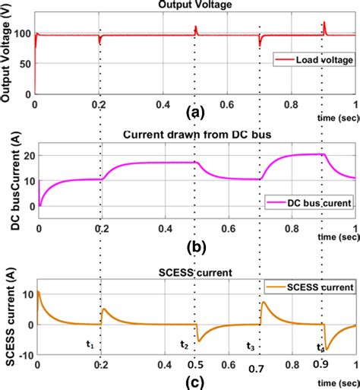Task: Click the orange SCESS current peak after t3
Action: click(x=263, y=303)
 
